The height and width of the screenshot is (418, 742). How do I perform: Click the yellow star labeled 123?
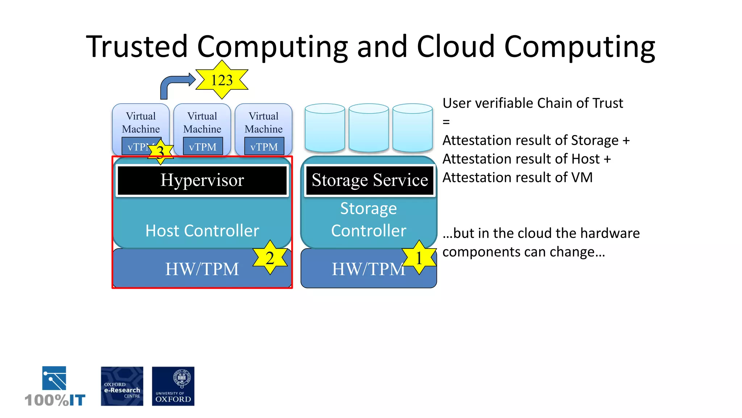coord(222,80)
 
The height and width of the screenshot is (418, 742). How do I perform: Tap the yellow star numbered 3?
coord(160,152)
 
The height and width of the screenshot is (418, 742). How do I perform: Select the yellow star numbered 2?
coord(270,258)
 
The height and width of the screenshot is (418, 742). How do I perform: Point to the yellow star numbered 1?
coord(419,258)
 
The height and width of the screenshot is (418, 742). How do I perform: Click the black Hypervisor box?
coord(202,180)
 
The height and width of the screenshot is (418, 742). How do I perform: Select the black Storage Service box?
coord(370,180)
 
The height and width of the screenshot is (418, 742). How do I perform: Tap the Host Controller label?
coord(202,231)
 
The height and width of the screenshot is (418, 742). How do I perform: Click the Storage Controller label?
coord(368,220)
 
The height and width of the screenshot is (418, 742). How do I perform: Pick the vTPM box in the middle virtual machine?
coord(203,147)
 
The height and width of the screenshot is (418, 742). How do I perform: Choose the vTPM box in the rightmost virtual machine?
coord(264,147)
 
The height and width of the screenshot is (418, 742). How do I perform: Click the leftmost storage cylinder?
coord(325,128)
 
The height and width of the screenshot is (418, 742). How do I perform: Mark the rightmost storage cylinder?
coord(412,128)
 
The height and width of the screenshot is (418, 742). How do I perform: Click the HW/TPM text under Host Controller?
coord(202,269)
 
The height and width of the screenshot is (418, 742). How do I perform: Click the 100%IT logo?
coord(55,387)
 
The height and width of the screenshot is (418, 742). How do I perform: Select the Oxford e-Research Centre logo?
coord(122,386)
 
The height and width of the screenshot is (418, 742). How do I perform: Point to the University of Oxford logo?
coord(173,386)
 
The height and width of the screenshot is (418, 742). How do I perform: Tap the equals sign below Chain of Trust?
coord(446,122)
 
